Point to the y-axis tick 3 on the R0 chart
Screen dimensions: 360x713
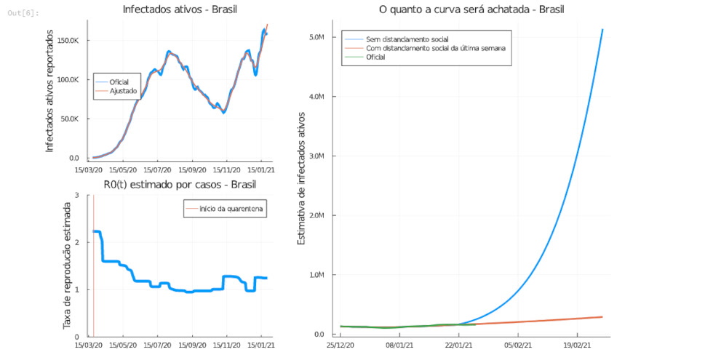[77, 196]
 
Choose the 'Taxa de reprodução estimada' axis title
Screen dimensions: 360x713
[67, 265]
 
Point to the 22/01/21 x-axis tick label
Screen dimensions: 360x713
[457, 346]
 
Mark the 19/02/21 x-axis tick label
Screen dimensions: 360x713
[575, 346]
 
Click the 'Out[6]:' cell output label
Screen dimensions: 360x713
[24, 13]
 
